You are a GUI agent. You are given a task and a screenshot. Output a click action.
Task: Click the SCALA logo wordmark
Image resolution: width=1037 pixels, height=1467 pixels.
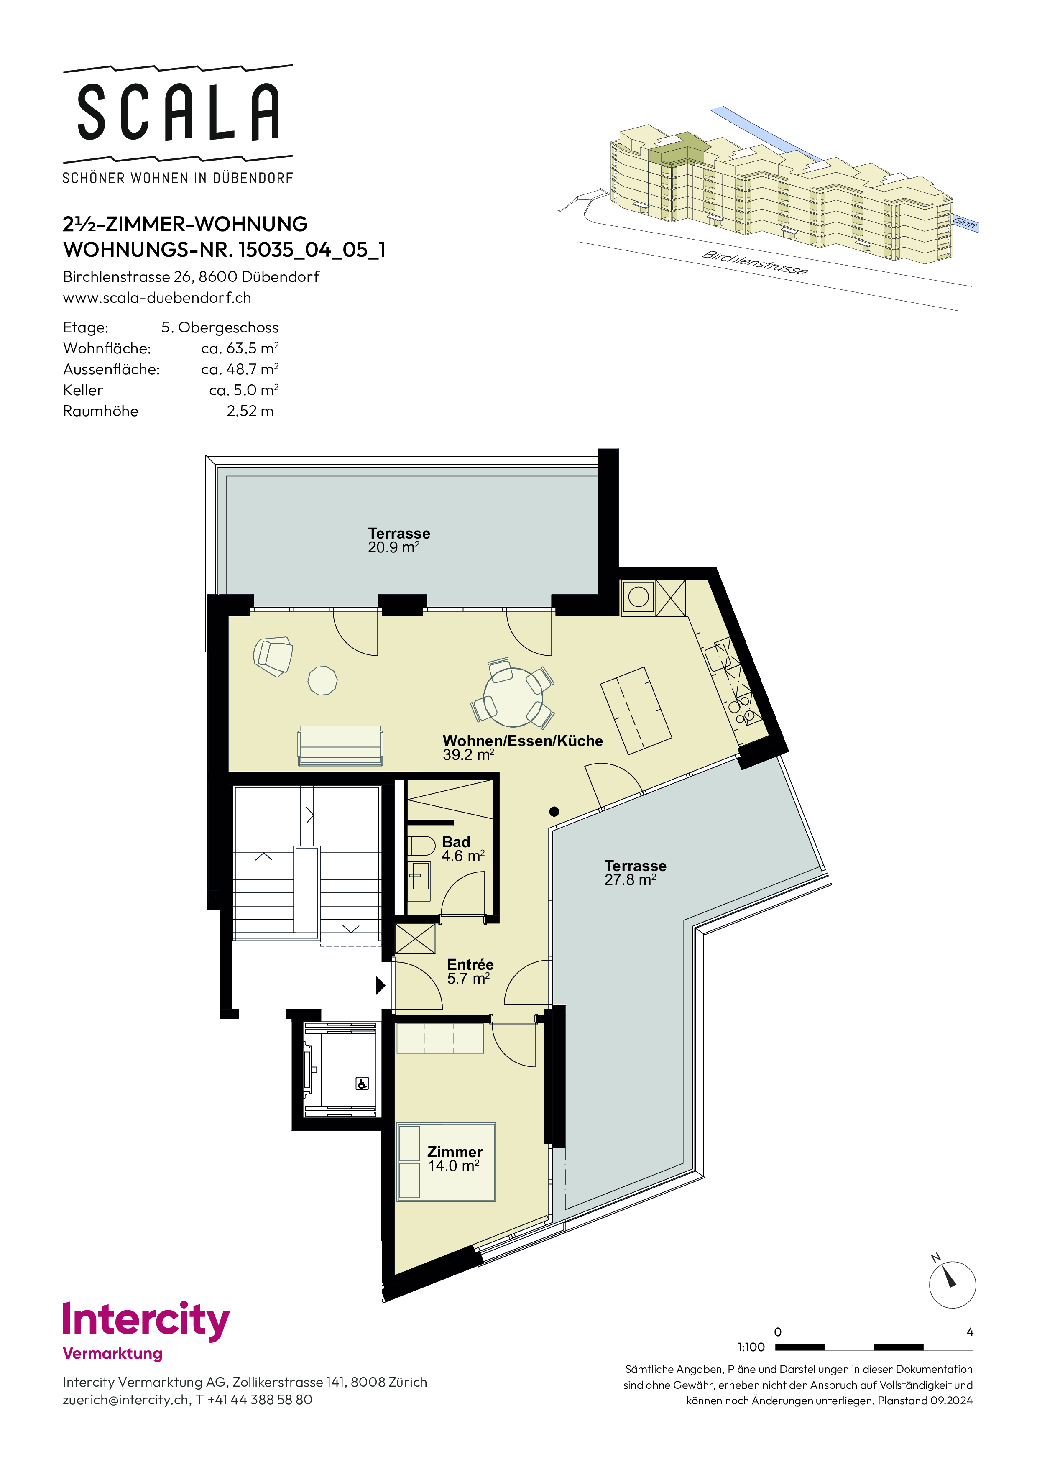(x=178, y=112)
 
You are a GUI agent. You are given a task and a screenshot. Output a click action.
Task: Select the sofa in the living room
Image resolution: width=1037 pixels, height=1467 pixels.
(x=340, y=745)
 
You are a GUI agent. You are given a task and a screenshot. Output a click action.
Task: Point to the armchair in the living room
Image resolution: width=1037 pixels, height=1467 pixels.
(x=273, y=656)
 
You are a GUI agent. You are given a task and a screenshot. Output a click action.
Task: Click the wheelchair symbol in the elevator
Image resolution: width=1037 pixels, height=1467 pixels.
(x=362, y=1083)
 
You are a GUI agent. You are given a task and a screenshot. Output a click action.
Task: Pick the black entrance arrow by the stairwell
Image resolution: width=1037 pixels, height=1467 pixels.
(x=380, y=985)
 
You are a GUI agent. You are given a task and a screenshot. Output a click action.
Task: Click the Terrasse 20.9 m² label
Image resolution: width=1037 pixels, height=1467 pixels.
(x=398, y=540)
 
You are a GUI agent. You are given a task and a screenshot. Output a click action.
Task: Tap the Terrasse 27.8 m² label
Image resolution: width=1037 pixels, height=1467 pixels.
(x=635, y=873)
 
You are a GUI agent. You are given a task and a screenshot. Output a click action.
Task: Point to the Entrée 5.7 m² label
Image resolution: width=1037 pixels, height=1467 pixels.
(x=470, y=971)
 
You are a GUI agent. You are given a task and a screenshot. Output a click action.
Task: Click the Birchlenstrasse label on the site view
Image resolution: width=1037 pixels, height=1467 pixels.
(x=755, y=262)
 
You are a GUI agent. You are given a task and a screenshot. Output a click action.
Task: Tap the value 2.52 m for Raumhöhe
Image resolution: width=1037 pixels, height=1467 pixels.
(x=250, y=411)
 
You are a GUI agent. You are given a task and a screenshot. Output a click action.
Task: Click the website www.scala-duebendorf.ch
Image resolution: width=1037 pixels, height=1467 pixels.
(x=157, y=298)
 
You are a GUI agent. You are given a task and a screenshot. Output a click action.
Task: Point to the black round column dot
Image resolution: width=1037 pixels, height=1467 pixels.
(x=554, y=811)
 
